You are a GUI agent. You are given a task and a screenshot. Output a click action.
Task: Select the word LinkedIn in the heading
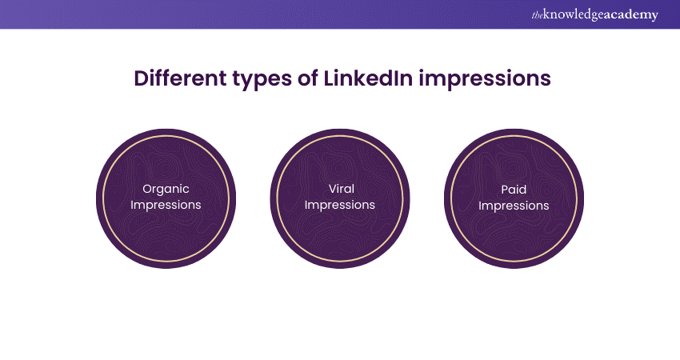368,78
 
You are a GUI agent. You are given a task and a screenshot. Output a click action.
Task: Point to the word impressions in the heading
485,80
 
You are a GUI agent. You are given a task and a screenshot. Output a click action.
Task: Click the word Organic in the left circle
166,190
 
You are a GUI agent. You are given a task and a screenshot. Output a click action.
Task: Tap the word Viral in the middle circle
342,189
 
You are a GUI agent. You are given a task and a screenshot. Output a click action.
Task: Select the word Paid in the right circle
514,190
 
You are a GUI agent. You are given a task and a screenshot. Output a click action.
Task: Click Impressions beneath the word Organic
166,205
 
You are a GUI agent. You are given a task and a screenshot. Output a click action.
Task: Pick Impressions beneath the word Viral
339,205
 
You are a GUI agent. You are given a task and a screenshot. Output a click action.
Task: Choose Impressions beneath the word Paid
514,206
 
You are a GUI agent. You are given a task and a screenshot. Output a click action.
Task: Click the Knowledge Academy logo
594,14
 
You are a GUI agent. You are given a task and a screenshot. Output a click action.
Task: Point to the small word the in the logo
538,16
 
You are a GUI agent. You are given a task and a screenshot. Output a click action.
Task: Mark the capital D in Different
142,79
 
